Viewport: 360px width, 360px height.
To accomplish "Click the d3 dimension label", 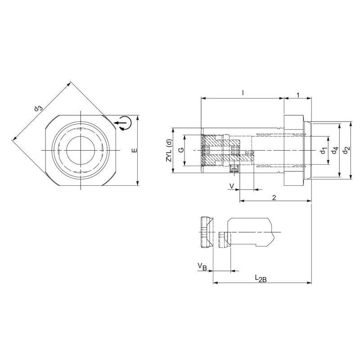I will (38, 108).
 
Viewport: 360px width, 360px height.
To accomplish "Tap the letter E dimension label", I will (134, 150).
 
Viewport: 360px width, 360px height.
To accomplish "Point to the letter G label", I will (181, 150).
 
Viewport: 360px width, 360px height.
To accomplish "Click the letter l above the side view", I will (243, 93).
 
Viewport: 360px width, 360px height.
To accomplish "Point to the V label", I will (232, 185).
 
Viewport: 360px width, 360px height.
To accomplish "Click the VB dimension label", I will (202, 267).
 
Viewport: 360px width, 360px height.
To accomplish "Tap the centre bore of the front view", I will (80, 150).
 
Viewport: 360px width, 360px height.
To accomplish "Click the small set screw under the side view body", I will (234, 170).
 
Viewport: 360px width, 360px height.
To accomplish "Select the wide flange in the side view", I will (294, 150).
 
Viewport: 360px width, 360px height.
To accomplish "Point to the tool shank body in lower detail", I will (250, 232).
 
